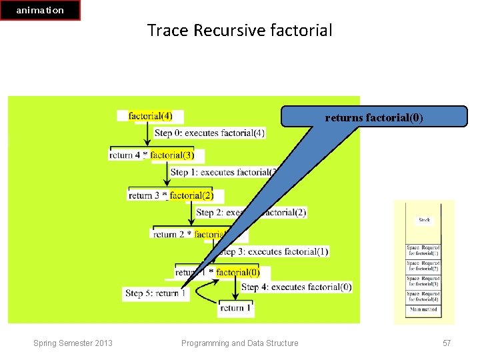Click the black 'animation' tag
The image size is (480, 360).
coord(40,10)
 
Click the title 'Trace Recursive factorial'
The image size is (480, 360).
coord(239,30)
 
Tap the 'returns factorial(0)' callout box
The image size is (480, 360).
coord(373,117)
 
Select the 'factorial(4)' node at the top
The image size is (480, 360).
coord(150,116)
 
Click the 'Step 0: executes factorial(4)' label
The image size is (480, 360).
coord(209,133)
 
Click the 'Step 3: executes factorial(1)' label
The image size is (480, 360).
coord(274,251)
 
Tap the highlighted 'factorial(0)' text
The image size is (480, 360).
coord(238,272)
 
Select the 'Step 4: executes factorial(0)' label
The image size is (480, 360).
coord(297,287)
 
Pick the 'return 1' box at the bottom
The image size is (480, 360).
coord(236,308)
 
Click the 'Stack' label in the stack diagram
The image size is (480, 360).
coord(424,219)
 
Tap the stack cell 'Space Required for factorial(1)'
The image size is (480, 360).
coord(423,251)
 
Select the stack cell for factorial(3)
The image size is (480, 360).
coord(423,281)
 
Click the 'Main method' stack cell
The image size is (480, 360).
coord(423,309)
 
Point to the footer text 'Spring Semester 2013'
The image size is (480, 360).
coord(73,343)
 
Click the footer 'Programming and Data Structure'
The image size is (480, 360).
coord(240,343)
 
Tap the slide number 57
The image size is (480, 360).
coord(447,343)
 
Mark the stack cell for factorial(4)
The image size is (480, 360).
coord(423,296)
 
